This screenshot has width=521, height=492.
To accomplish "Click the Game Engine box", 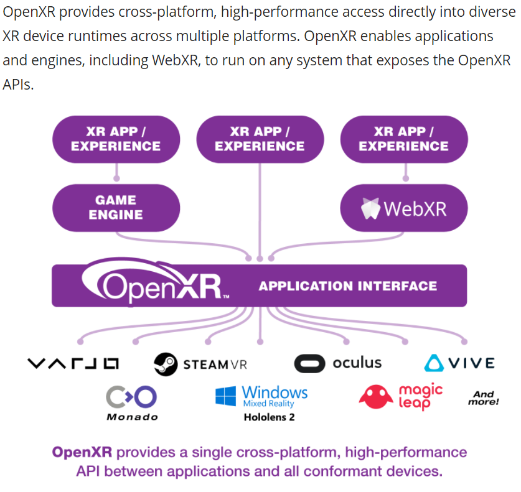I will coord(116,208).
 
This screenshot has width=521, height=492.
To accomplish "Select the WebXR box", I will coord(403,208).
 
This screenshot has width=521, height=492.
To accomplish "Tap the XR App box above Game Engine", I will coord(116,139).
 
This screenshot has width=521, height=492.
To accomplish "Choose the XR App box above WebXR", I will coord(403,139).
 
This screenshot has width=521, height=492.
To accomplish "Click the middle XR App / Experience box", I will coord(260,139).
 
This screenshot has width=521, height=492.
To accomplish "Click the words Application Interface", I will coord(347,286).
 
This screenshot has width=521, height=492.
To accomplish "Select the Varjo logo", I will coord(73,363).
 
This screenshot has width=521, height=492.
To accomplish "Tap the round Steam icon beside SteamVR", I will coord(166,363).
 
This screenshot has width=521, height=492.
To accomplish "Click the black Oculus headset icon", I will coord(309,363).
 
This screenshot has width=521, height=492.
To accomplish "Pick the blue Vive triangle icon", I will coord(434,363).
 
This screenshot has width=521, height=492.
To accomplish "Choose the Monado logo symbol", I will coord(131,396).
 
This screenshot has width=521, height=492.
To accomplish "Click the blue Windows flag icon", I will coord(225,396).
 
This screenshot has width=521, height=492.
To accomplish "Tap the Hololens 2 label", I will coord(269,417).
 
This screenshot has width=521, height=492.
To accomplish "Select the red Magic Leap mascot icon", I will coord(376,397).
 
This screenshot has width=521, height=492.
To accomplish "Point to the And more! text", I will coord(483,398).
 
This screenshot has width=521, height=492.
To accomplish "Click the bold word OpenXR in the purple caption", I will coord(82,452).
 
